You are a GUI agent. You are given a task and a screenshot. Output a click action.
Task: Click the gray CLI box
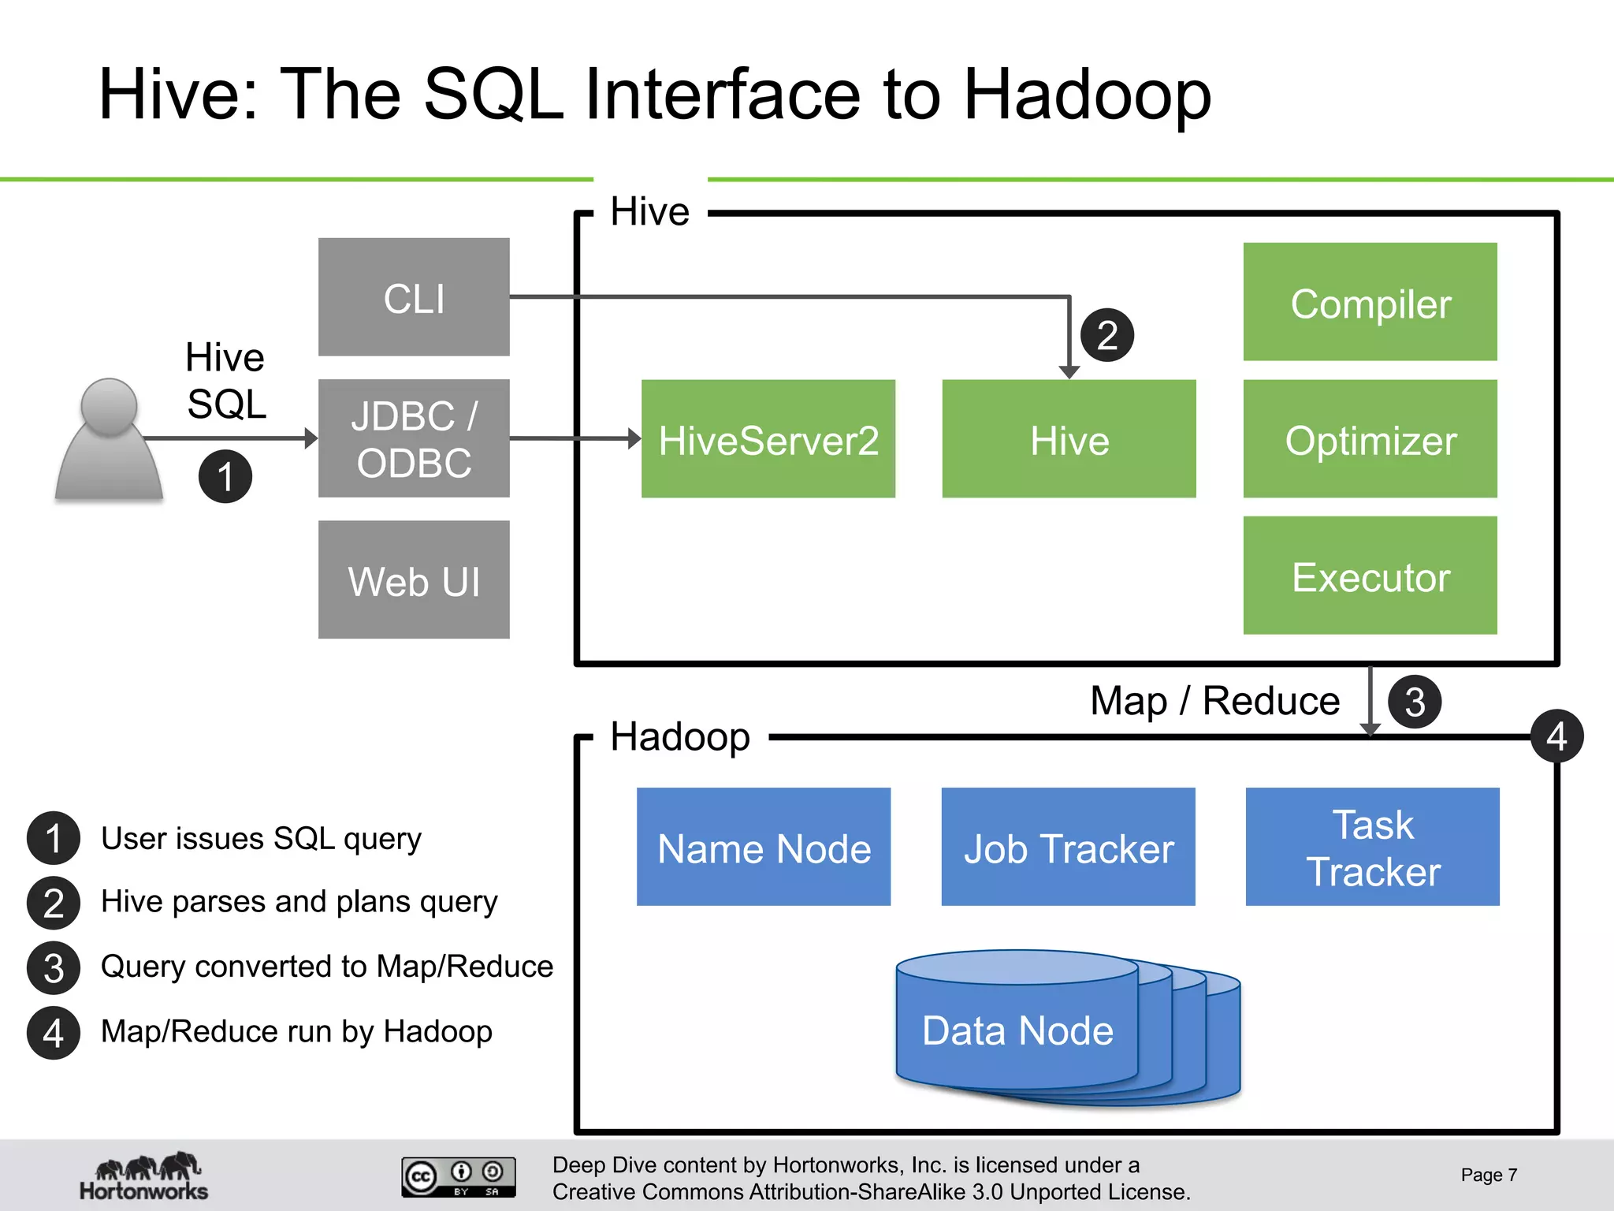pyautogui.click(x=414, y=297)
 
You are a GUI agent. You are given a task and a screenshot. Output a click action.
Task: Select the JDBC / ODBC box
pyautogui.click(x=414, y=438)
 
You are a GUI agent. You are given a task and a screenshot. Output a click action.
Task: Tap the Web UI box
pyautogui.click(x=414, y=579)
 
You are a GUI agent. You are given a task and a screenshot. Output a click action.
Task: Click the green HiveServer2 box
pyautogui.click(x=768, y=439)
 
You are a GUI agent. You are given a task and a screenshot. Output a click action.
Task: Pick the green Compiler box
pyautogui.click(x=1370, y=302)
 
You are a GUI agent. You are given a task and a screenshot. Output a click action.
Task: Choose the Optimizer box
pyautogui.click(x=1370, y=439)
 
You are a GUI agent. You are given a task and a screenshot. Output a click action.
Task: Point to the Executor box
pyautogui.click(x=1370, y=576)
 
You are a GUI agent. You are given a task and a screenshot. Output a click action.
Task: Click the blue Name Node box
pyautogui.click(x=763, y=847)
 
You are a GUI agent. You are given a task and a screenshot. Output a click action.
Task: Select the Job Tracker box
pyautogui.click(x=1068, y=847)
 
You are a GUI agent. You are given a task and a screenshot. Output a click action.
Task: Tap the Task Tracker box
pyautogui.click(x=1372, y=847)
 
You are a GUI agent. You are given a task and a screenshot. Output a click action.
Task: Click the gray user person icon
pyautogui.click(x=109, y=442)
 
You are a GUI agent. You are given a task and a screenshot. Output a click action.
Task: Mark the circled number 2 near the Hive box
pyautogui.click(x=1106, y=335)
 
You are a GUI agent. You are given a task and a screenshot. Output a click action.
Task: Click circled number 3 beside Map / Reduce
pyautogui.click(x=1414, y=702)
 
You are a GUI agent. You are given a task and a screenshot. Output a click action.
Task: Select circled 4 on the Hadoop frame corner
pyautogui.click(x=1556, y=736)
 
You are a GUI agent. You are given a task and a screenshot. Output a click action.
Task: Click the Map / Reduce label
pyautogui.click(x=1214, y=700)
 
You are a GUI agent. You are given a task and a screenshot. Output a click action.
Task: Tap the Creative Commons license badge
pyautogui.click(x=459, y=1176)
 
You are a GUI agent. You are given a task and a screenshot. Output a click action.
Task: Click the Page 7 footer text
pyautogui.click(x=1488, y=1175)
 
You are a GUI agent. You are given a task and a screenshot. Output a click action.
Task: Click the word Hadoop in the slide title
pyautogui.click(x=1087, y=95)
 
